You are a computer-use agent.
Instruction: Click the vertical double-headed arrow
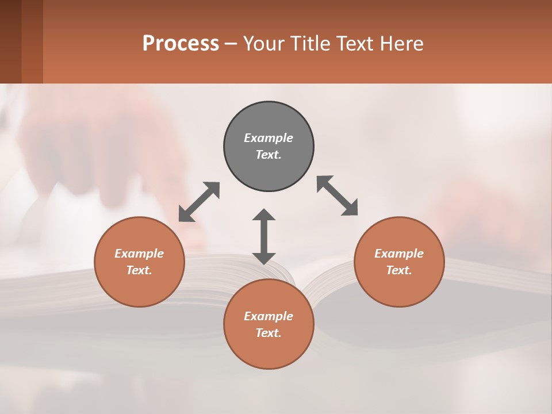[264, 236]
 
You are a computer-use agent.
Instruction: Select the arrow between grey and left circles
[199, 202]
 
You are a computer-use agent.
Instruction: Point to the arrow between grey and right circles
[338, 195]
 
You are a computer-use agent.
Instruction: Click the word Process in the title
[181, 43]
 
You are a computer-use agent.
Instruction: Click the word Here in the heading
[402, 43]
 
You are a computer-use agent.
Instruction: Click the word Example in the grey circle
[269, 138]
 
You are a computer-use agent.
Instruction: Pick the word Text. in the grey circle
[269, 155]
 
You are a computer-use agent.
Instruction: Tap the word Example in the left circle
[139, 254]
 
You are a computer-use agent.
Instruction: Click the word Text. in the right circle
[399, 270]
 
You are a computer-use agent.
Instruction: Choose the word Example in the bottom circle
[269, 316]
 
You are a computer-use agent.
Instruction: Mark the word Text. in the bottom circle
[269, 333]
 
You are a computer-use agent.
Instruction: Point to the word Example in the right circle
[399, 254]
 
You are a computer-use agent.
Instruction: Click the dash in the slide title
[231, 44]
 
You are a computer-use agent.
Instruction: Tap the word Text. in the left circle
[139, 270]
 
